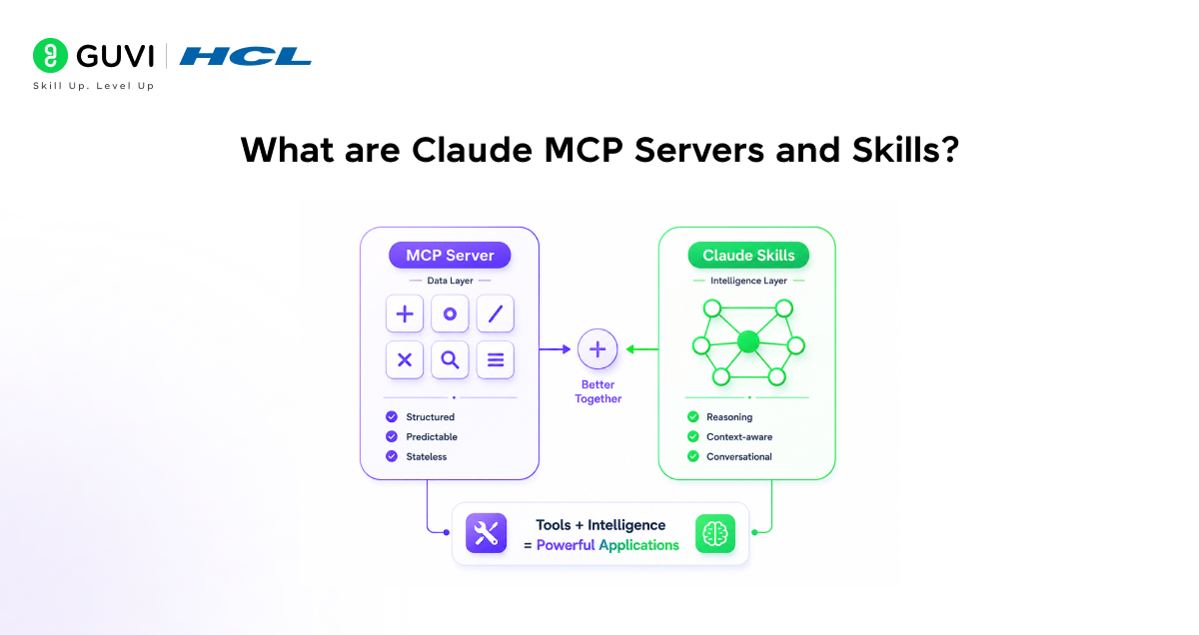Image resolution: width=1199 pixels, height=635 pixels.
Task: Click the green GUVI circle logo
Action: pyautogui.click(x=50, y=55)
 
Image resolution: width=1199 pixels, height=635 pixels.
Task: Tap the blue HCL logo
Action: pyautogui.click(x=245, y=56)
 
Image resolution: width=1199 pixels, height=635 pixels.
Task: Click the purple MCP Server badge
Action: pyautogui.click(x=450, y=256)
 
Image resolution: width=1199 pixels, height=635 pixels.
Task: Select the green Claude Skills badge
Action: pyautogui.click(x=748, y=256)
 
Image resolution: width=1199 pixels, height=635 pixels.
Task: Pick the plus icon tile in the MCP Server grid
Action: pyautogui.click(x=405, y=314)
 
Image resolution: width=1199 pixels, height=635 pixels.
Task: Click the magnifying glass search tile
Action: pyautogui.click(x=450, y=360)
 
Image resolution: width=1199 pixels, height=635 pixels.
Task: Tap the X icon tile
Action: pyautogui.click(x=405, y=360)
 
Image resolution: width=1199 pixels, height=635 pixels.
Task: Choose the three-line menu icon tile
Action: pyautogui.click(x=496, y=360)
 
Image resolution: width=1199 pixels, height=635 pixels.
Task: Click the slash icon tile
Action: pyautogui.click(x=496, y=314)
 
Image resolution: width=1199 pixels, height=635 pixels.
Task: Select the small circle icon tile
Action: pyautogui.click(x=450, y=314)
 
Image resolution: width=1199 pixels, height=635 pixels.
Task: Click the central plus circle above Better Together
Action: pyautogui.click(x=598, y=349)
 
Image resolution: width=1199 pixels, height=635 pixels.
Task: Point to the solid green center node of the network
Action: pyautogui.click(x=748, y=341)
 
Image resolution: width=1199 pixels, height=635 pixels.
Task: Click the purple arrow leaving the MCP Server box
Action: pyautogui.click(x=556, y=349)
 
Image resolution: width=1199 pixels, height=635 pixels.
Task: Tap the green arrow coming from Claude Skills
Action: pyautogui.click(x=642, y=349)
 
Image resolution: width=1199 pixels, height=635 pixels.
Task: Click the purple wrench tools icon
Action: pyautogui.click(x=486, y=533)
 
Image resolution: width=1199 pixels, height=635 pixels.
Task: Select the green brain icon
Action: pyautogui.click(x=715, y=533)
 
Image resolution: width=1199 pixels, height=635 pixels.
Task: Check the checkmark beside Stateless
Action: pyautogui.click(x=392, y=456)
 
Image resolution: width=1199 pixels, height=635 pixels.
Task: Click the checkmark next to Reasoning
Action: pyautogui.click(x=693, y=416)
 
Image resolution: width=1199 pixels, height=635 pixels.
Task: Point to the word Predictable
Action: pyautogui.click(x=432, y=437)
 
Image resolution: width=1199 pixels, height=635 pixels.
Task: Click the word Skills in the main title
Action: pyautogui.click(x=905, y=150)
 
